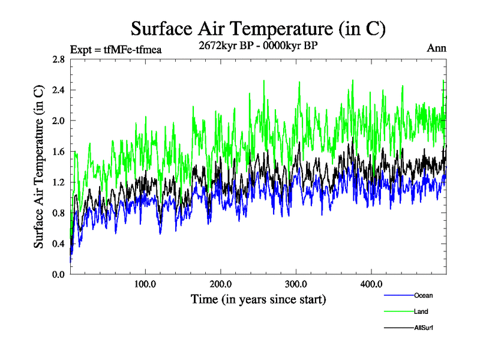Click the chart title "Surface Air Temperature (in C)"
coord(257,28)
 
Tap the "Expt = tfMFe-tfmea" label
coord(116,49)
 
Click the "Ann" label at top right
coord(437,49)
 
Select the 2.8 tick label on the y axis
coord(59,59)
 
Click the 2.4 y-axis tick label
coord(59,90)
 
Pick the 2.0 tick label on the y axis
coord(59,121)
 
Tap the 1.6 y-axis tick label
coord(59,151)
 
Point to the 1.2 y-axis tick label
coord(59,182)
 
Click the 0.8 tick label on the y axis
coord(59,212)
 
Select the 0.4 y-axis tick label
coord(59,243)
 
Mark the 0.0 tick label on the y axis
coord(59,274)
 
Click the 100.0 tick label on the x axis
coord(145,284)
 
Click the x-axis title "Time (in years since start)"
coord(258,298)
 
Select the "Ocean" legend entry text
coord(423,295)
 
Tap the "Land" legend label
coord(421,311)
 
